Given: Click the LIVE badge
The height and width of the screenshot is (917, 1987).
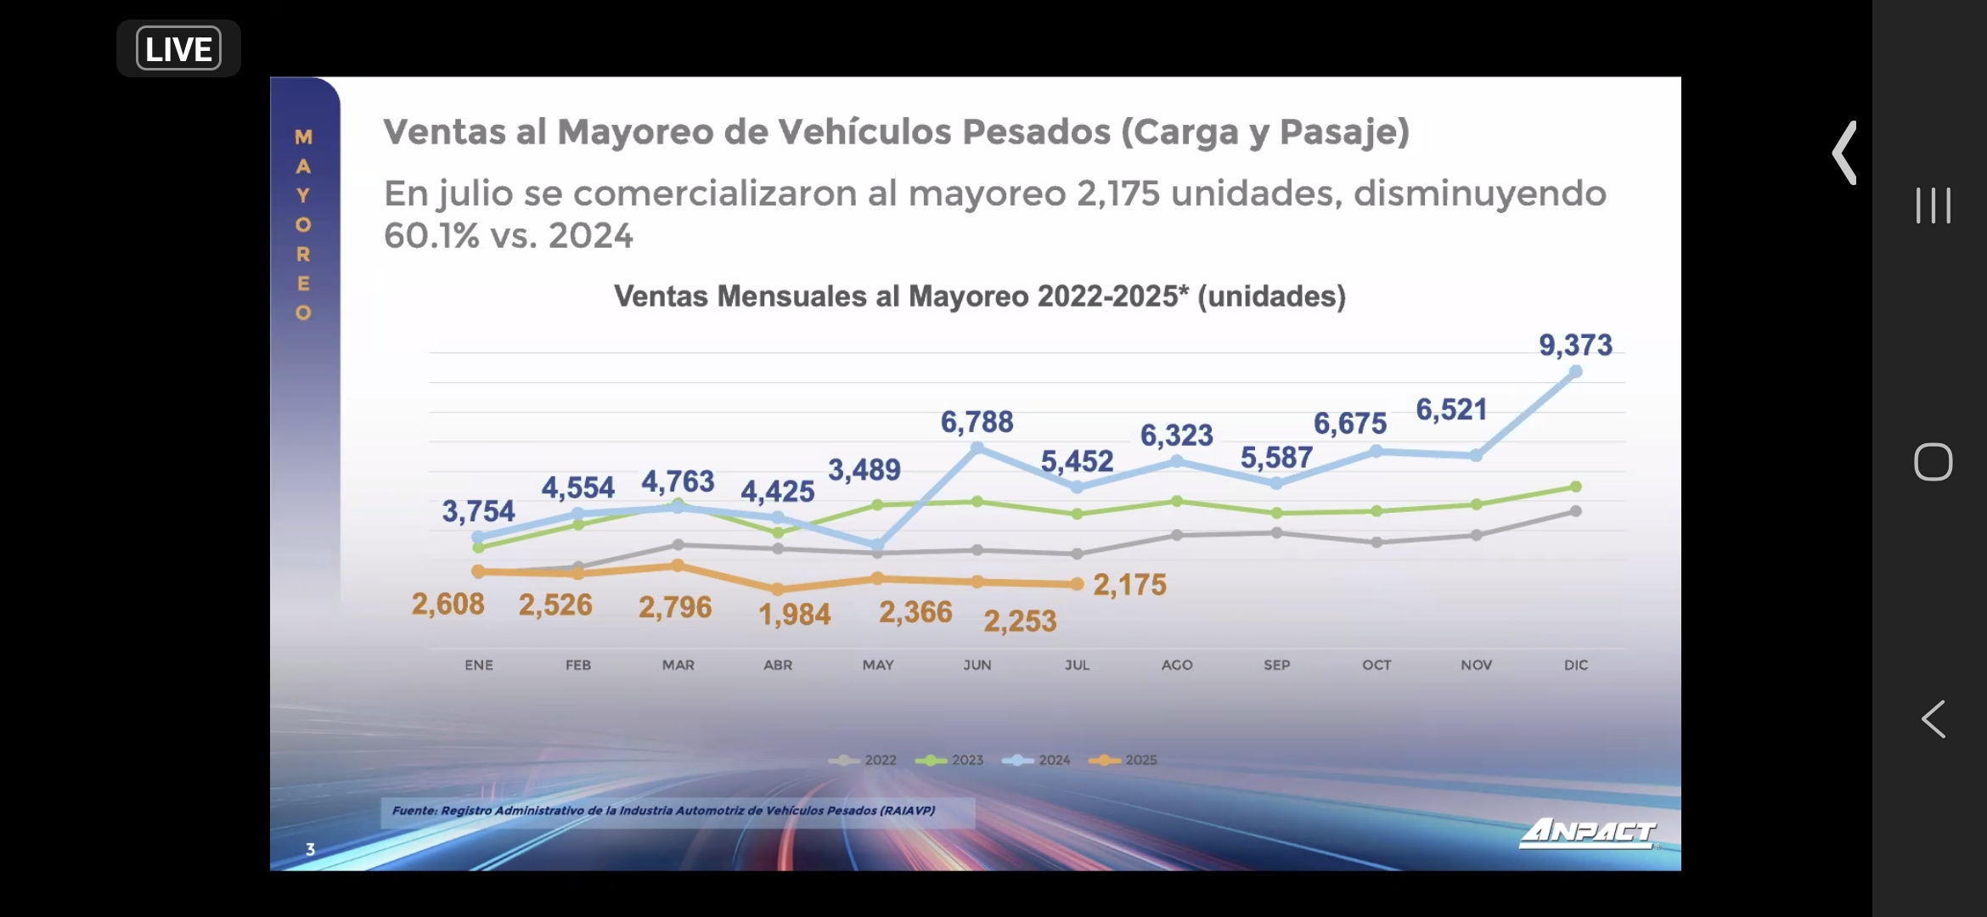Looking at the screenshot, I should (178, 48).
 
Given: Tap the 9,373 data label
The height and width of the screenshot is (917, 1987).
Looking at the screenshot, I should (1575, 346).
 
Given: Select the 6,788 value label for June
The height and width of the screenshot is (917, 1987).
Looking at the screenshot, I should (977, 422).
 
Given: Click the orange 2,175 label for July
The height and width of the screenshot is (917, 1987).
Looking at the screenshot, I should (1129, 585).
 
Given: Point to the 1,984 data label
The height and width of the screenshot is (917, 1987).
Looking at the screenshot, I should (794, 614).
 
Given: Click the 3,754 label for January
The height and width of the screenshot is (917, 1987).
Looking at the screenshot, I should (478, 511).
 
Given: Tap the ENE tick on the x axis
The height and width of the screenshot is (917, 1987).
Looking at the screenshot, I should (479, 665).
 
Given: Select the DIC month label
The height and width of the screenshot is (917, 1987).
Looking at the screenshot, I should (1576, 665).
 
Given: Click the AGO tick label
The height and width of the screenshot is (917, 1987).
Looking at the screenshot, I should (1177, 665).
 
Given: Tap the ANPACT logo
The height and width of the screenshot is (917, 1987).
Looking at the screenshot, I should (1588, 832).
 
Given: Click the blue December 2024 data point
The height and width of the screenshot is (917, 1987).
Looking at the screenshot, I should (1576, 372).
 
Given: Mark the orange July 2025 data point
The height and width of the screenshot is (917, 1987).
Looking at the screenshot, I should (1078, 584).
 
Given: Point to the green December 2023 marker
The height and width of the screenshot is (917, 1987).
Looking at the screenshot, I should (1576, 487).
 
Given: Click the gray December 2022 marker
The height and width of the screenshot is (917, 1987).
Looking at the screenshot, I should (1576, 511).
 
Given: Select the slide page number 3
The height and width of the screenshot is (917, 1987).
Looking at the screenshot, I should (311, 849).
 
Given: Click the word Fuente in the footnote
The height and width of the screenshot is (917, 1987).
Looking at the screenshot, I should (414, 811).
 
